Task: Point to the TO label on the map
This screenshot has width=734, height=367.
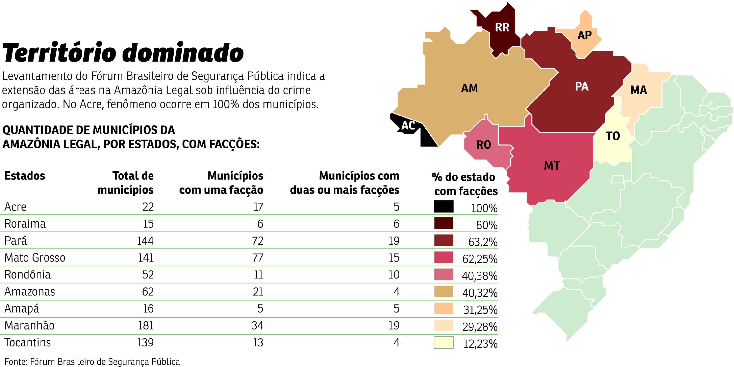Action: [613, 136]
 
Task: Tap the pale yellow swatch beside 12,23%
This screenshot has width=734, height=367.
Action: [444, 343]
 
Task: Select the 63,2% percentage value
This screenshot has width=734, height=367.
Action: [483, 242]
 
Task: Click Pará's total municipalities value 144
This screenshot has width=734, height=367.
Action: [145, 241]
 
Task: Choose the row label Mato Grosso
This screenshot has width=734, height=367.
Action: [35, 258]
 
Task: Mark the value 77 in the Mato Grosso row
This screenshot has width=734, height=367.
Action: [258, 258]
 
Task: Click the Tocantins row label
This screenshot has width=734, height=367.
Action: [28, 342]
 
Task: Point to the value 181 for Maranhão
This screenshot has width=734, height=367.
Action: [146, 325]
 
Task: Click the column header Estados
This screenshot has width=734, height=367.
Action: [25, 176]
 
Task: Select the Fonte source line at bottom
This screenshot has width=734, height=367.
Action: [92, 362]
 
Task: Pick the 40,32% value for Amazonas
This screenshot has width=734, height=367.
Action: [480, 293]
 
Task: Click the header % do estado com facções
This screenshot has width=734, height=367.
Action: [465, 184]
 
